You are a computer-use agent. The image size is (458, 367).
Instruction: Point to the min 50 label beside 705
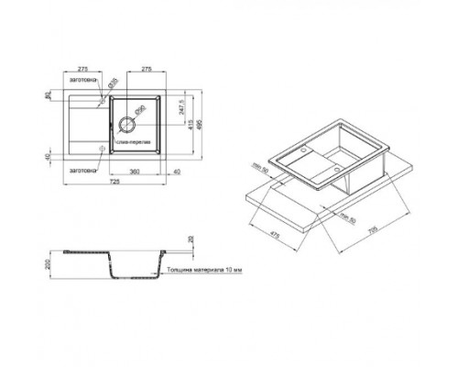pos(346,216)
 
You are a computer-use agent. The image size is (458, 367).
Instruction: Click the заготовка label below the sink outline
pos(82,169)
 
